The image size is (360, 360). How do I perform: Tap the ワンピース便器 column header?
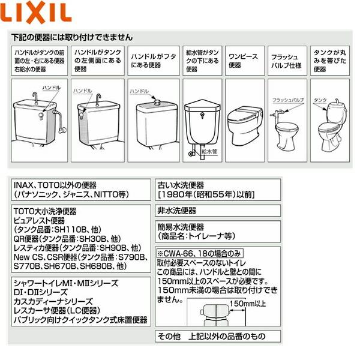[x=244, y=61]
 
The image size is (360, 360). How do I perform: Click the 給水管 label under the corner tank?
[x=211, y=152]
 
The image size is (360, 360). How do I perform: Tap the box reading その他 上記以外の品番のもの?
[x=210, y=336]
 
